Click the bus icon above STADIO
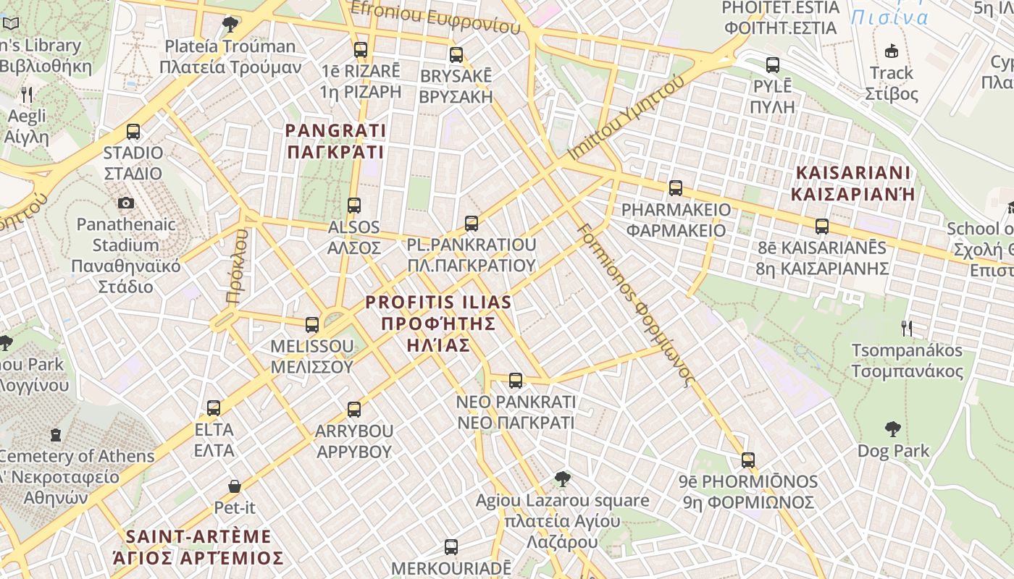(x=133, y=132)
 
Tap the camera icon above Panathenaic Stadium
(x=126, y=203)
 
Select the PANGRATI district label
(x=335, y=141)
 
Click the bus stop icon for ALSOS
(x=353, y=206)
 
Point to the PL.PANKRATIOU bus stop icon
(x=472, y=224)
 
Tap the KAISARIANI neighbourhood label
(x=852, y=183)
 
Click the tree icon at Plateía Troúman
(x=230, y=25)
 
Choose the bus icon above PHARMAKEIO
(x=675, y=188)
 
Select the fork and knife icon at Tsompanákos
(x=906, y=329)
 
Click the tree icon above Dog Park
(x=892, y=429)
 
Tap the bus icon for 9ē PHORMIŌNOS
(x=747, y=460)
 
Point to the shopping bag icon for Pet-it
(x=234, y=486)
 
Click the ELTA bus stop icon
(x=214, y=408)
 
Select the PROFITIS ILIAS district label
(x=438, y=324)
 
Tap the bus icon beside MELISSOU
(x=312, y=325)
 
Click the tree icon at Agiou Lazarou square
(x=562, y=478)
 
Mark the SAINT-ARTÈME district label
(x=198, y=547)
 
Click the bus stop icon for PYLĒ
(x=773, y=65)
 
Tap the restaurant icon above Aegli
(x=28, y=95)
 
